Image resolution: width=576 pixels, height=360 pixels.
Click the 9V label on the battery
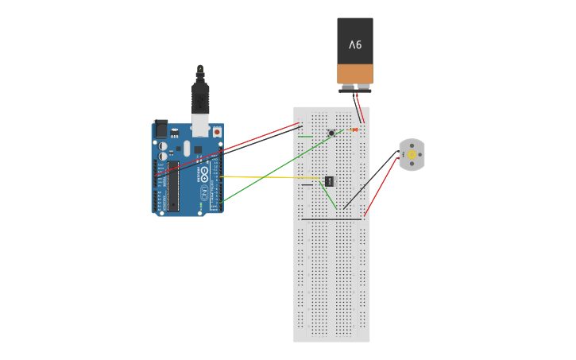click(354, 45)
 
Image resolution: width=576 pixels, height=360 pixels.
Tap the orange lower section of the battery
click(354, 74)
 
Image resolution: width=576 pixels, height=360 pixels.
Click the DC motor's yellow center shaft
click(412, 155)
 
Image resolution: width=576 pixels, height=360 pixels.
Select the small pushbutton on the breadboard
click(331, 133)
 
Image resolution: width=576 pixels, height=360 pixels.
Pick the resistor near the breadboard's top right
click(354, 130)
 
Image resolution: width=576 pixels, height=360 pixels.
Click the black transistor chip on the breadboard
click(329, 181)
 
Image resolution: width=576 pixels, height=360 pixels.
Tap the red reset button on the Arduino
click(217, 131)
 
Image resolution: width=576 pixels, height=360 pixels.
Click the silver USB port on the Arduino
click(200, 126)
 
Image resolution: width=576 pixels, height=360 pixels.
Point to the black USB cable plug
click(200, 100)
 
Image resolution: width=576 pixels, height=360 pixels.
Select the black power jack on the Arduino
click(160, 128)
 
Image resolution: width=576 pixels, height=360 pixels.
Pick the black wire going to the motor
click(372, 179)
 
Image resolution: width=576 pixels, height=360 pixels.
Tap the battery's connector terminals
click(355, 88)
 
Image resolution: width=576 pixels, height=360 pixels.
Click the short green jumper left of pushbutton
click(304, 137)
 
